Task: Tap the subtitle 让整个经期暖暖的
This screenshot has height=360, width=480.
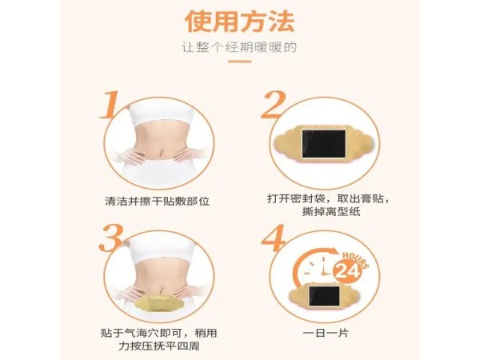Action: point(239,47)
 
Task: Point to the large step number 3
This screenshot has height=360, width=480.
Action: point(111,239)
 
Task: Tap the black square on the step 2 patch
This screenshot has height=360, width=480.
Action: point(323,146)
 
